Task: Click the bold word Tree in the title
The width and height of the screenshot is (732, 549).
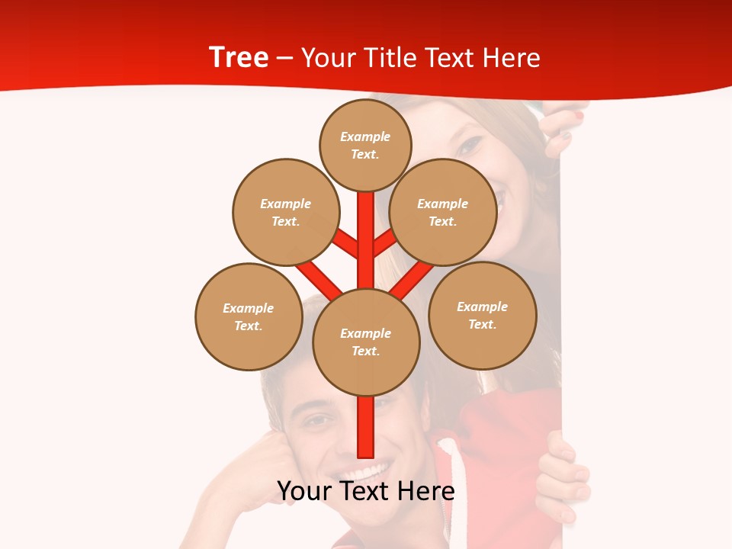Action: coord(239,57)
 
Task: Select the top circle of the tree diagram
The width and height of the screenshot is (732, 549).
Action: coord(365,144)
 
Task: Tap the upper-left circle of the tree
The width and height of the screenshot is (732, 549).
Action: coord(286,212)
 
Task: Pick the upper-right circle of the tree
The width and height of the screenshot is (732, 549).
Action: coord(443,212)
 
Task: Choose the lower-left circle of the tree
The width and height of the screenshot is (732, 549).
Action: coord(249,316)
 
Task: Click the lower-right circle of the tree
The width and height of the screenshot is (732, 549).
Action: coord(483,315)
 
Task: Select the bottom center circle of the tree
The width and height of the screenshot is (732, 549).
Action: coord(366,342)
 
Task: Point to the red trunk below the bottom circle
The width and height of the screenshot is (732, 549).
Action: coord(366,427)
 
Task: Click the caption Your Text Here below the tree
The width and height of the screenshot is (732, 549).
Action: coord(366,491)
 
